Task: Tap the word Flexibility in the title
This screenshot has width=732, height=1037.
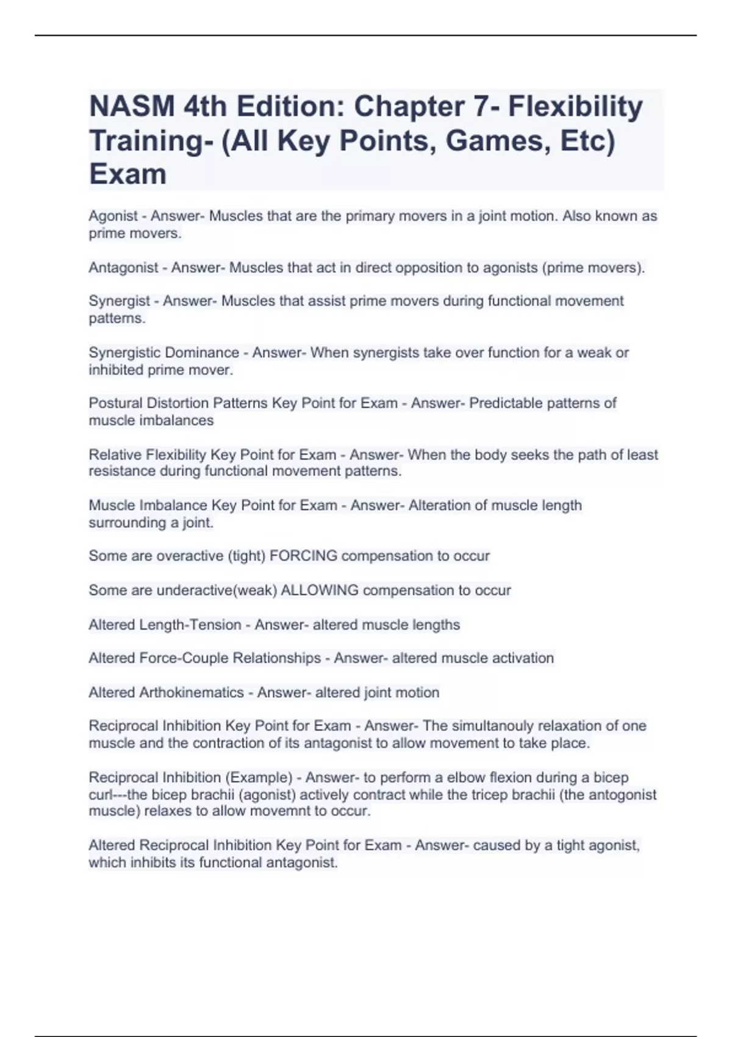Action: pyautogui.click(x=575, y=107)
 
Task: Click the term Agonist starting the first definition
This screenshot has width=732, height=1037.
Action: pyautogui.click(x=113, y=216)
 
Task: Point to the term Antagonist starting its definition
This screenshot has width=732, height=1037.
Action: pyautogui.click(x=123, y=268)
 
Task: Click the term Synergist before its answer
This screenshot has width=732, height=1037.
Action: pyautogui.click(x=120, y=301)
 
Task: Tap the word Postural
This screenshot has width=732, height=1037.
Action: pyautogui.click(x=114, y=403)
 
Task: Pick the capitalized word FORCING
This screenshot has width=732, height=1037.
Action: pyautogui.click(x=303, y=556)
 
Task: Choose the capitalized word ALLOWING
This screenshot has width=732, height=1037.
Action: pyautogui.click(x=320, y=590)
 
